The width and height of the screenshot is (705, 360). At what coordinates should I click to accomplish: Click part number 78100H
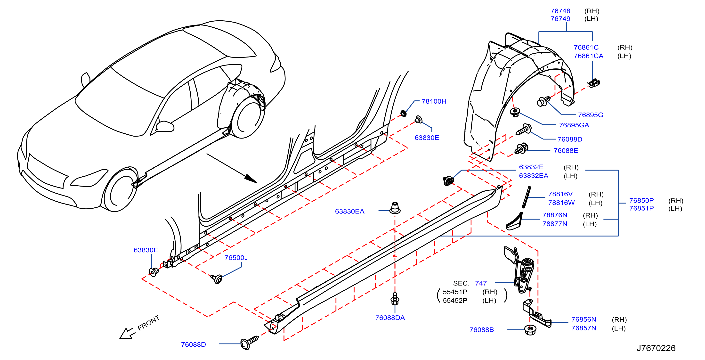click(x=434, y=102)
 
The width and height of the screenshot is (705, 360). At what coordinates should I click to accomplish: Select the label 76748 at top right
click(x=560, y=11)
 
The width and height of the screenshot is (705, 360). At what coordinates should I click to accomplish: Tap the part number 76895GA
click(x=574, y=125)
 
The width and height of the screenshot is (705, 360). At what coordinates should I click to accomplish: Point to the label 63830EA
click(x=349, y=211)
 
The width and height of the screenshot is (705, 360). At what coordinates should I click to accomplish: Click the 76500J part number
click(x=236, y=258)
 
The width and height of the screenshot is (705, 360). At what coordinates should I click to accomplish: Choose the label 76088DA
click(x=390, y=318)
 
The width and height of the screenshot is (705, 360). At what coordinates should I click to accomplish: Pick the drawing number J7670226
click(x=656, y=348)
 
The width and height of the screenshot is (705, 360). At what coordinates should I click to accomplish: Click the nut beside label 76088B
click(x=530, y=330)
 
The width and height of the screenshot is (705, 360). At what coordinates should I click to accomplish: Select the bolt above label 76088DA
click(x=395, y=298)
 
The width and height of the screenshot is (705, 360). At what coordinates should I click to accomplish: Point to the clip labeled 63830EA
click(x=395, y=208)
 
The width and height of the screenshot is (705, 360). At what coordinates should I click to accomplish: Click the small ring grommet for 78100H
click(x=403, y=113)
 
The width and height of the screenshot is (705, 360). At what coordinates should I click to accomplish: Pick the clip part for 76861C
click(x=594, y=83)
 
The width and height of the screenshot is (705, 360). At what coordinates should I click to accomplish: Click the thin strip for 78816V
click(x=526, y=197)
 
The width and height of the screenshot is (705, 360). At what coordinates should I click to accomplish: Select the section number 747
click(x=481, y=283)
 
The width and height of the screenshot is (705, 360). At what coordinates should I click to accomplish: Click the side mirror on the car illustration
click(x=165, y=126)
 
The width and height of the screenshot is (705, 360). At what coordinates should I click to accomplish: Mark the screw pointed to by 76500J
click(x=217, y=279)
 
